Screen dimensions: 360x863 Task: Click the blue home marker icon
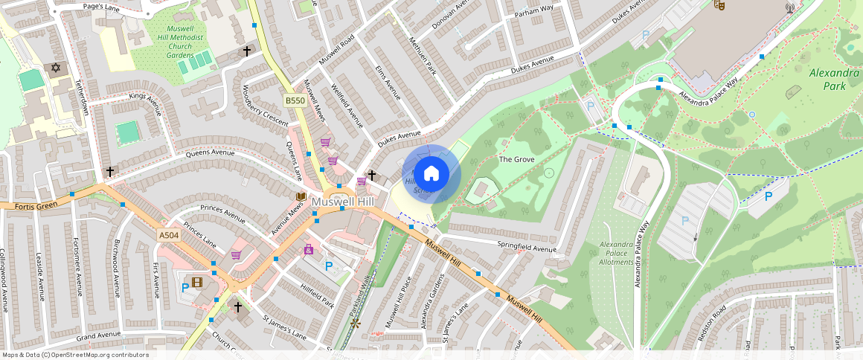[x=431, y=174]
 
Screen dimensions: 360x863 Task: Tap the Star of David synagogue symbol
[x=54, y=68]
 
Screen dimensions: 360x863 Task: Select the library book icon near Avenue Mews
[x=301, y=196]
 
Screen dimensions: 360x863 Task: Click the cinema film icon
[x=197, y=282]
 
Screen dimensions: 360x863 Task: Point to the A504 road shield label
[x=168, y=235]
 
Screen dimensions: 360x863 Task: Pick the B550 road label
[x=295, y=100]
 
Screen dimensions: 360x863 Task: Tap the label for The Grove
[x=516, y=159]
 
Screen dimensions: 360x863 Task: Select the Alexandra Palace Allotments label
[x=617, y=253]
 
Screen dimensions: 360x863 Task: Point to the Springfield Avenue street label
[x=527, y=248]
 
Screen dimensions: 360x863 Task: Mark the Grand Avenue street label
[x=98, y=335]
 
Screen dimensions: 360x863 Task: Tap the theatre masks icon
[x=719, y=4]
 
